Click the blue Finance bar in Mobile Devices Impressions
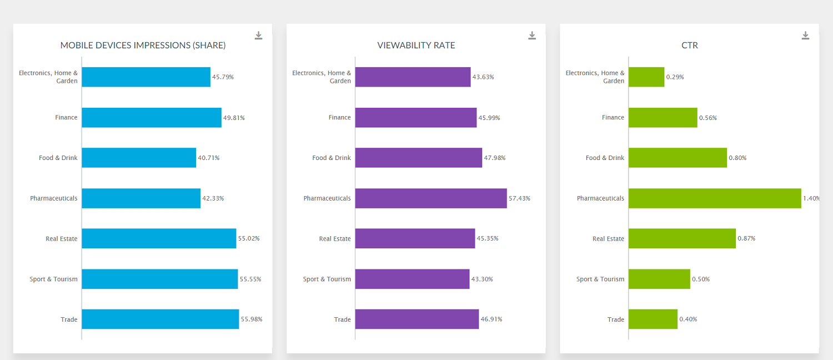[x=152, y=118]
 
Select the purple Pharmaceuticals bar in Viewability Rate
[x=431, y=198]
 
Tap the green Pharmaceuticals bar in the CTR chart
[x=715, y=198]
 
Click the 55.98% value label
[x=252, y=319]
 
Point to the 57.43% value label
[x=519, y=198]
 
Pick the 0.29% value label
[x=675, y=77]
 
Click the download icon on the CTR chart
[x=805, y=36]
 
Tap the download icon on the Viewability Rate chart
[x=532, y=36]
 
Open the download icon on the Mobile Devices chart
[x=259, y=36]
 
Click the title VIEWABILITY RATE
[x=416, y=46]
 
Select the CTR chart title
[x=689, y=46]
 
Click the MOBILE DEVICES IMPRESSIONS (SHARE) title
[x=143, y=46]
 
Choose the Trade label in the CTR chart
[x=615, y=319]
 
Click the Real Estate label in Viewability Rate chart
[x=335, y=239]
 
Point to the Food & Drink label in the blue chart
[x=58, y=158]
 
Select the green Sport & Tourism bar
[x=659, y=279]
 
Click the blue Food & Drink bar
[x=139, y=158]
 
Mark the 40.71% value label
[x=209, y=158]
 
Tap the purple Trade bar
[x=417, y=319]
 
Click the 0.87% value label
[x=746, y=238]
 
